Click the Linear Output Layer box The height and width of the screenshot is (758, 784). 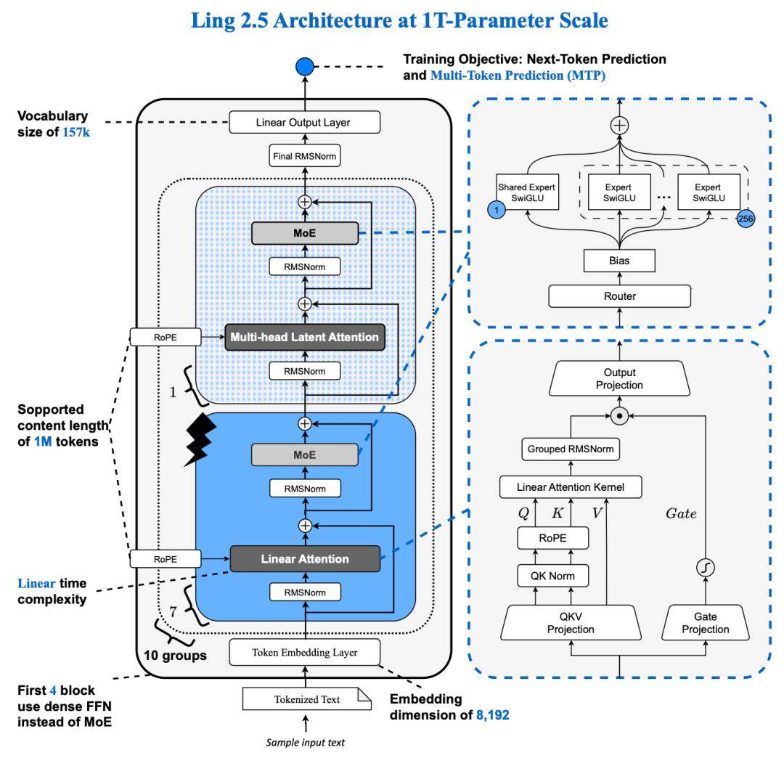[304, 123]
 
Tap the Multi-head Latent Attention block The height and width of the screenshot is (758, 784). [305, 336]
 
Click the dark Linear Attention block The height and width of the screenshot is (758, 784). [305, 558]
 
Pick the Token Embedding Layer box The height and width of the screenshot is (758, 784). [304, 652]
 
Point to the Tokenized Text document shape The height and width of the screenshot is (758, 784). [306, 700]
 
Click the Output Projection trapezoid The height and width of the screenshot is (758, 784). [618, 379]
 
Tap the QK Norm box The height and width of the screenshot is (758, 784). [551, 576]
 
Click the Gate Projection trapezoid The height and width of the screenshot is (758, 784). [704, 623]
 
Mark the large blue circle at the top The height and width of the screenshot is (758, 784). [304, 68]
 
